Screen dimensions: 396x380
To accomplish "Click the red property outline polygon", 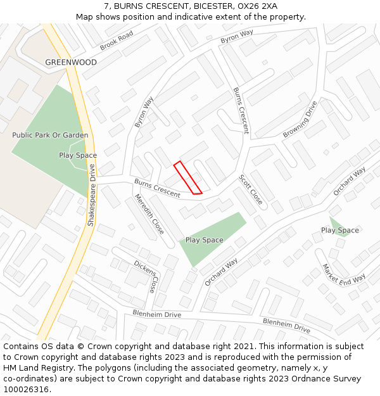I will [x=187, y=177].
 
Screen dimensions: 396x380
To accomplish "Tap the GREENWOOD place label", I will [x=71, y=63].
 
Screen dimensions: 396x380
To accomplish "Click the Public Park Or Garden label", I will [x=50, y=135].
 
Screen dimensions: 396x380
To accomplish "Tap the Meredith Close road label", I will [x=149, y=214].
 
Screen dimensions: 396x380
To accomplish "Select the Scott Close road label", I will [x=251, y=188].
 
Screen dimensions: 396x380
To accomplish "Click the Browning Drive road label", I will [x=300, y=120].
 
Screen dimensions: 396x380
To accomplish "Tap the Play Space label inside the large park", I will [x=78, y=155].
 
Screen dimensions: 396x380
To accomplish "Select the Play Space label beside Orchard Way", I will [x=204, y=240].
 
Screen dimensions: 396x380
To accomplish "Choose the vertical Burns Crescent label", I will [x=241, y=111].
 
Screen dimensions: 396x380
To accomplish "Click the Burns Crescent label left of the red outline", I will [x=157, y=188].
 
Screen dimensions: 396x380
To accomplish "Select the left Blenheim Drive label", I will [x=156, y=314].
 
